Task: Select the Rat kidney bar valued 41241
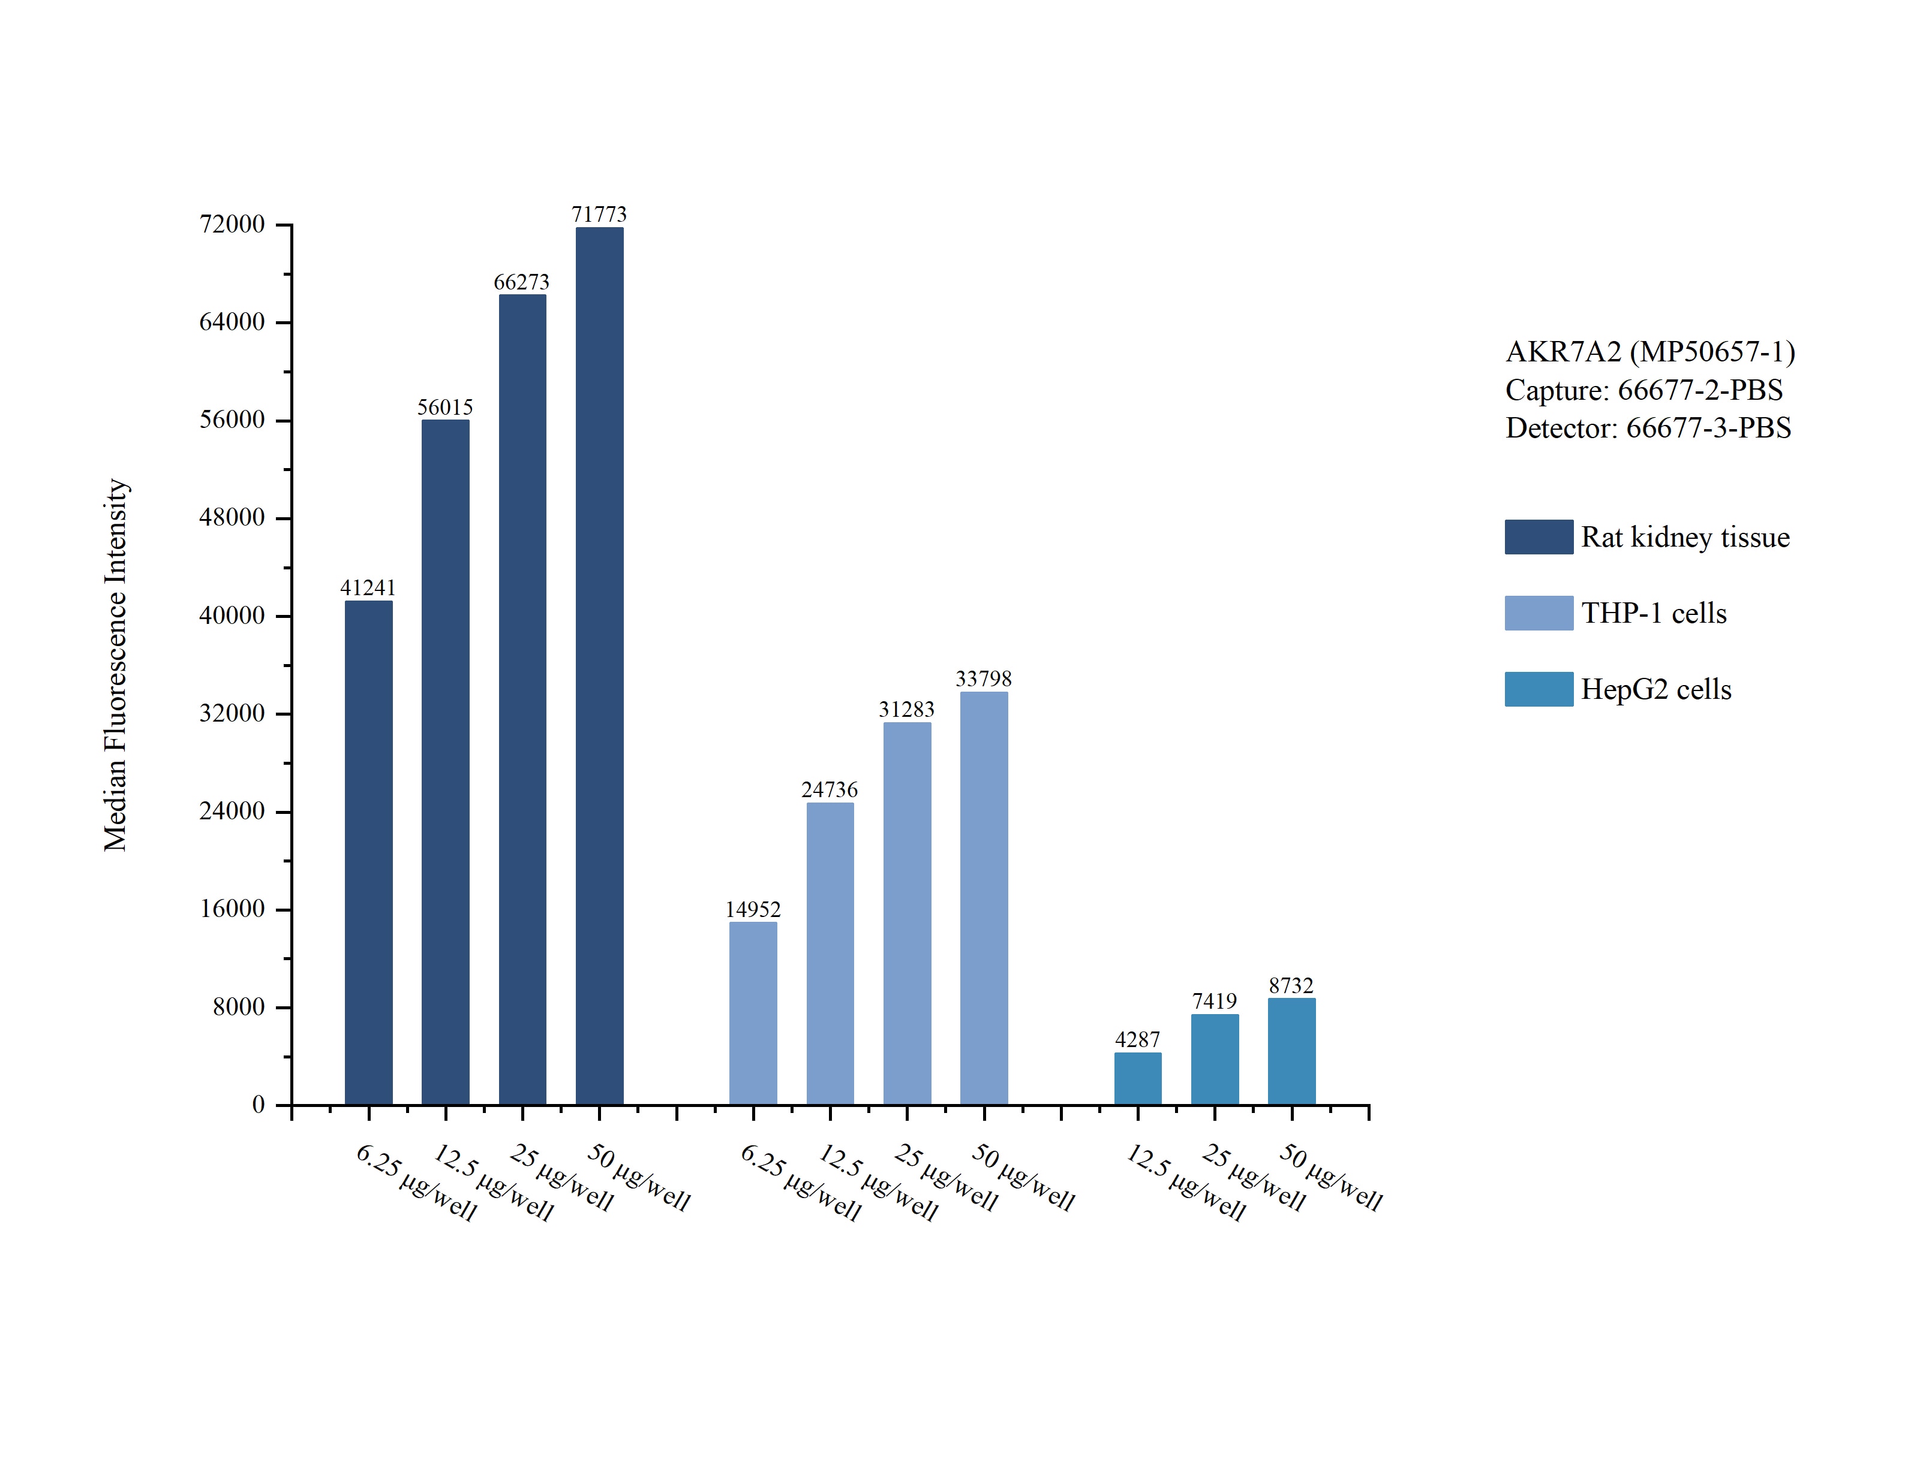[x=368, y=852]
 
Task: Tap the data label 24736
[x=829, y=790]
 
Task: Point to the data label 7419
[x=1214, y=1002]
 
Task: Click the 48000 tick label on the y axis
[x=232, y=518]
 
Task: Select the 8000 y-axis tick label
[x=239, y=1007]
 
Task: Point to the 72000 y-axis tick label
[x=232, y=225]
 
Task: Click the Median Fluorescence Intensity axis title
[x=116, y=665]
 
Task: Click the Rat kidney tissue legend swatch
[x=1538, y=536]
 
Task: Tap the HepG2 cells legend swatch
[x=1538, y=689]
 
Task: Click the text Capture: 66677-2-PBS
[x=1643, y=390]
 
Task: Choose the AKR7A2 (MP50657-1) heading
[x=1649, y=352]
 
